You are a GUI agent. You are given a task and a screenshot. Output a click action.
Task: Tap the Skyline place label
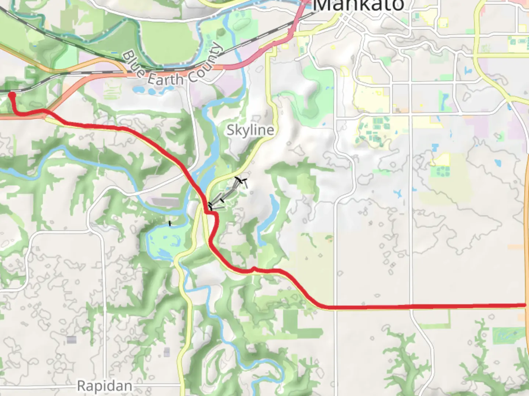[250, 130]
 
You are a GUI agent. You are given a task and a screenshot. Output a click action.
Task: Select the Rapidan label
[105, 386]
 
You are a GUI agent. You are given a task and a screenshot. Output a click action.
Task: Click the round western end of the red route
[12, 96]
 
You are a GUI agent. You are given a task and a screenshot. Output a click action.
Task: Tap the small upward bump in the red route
[253, 269]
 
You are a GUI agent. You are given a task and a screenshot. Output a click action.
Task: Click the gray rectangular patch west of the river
[166, 202]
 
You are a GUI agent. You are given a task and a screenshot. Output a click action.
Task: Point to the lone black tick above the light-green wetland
[170, 223]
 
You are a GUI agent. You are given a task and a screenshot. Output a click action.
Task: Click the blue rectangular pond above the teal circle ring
[436, 148]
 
